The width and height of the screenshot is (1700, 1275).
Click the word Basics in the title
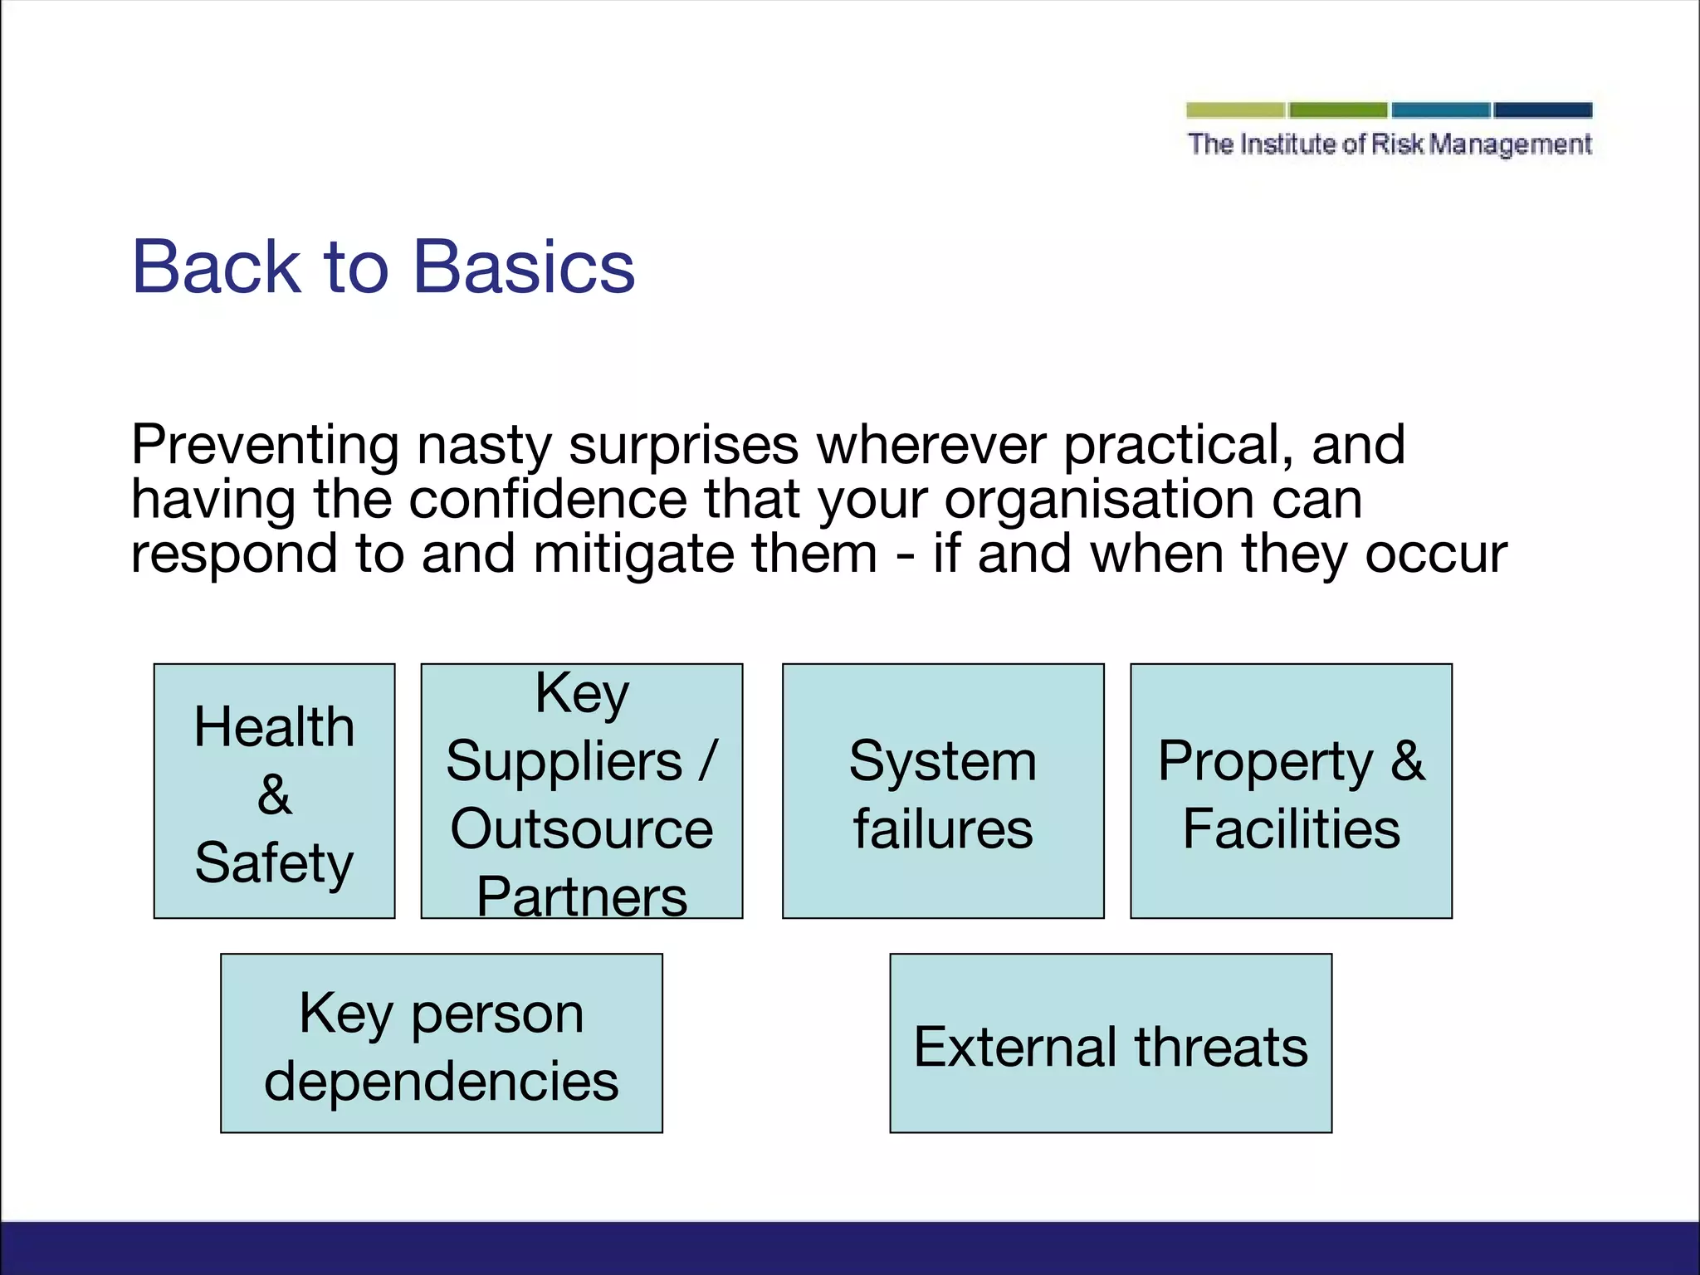524,267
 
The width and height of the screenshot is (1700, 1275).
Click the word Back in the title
216,267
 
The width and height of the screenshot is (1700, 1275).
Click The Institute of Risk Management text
1390,144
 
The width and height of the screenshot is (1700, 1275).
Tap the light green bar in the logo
1235,110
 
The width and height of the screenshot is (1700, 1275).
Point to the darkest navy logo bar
1542,110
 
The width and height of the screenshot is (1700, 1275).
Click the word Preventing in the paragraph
265,446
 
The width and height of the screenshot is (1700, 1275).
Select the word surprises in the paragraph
683,446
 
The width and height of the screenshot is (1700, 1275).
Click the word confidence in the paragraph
548,500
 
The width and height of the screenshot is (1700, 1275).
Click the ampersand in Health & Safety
274,794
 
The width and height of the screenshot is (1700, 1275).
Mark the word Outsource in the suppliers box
581,828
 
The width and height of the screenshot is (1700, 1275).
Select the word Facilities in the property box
1291,828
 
